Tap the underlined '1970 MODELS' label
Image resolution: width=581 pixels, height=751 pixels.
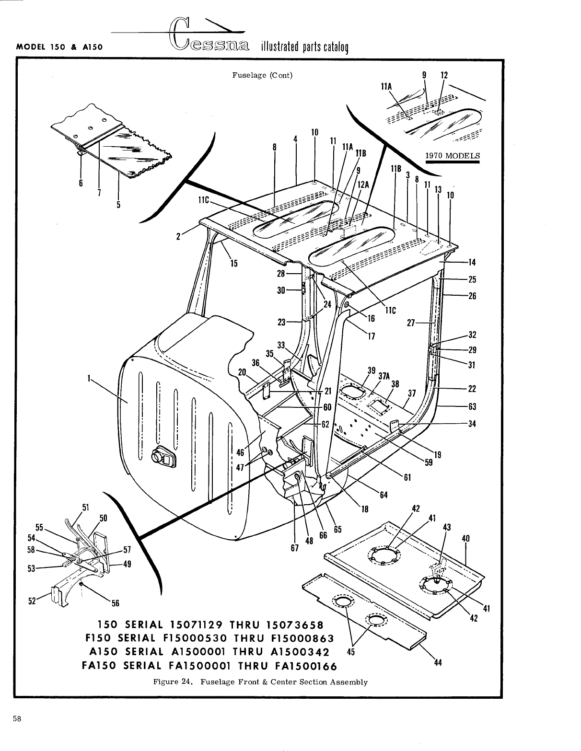click(x=453, y=155)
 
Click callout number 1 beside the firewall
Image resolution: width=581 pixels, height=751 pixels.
click(x=89, y=378)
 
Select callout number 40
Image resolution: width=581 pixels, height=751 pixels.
click(x=465, y=538)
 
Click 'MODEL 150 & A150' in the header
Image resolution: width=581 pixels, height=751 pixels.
click(x=60, y=47)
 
